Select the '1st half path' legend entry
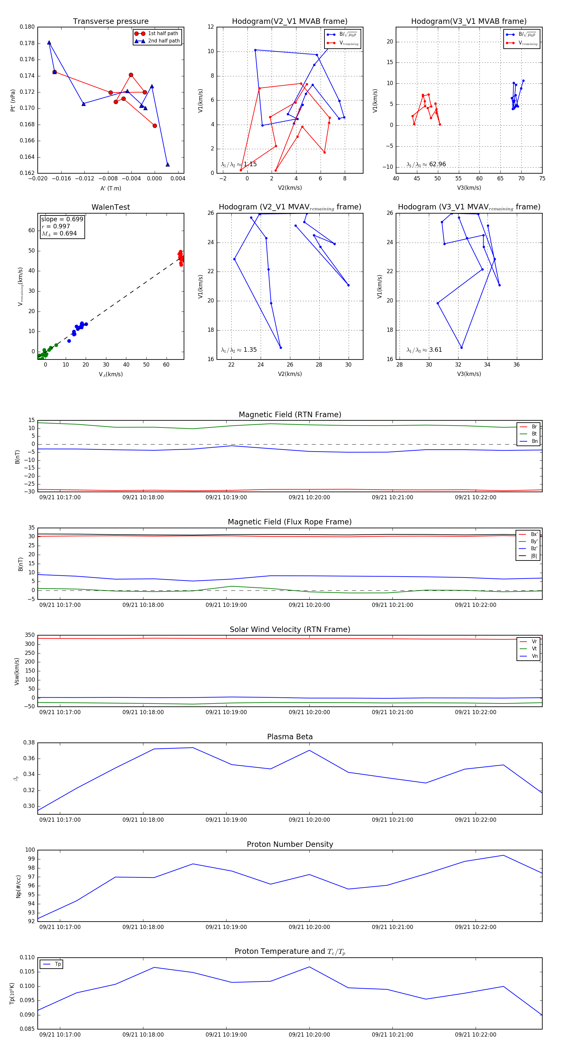pyautogui.click(x=163, y=34)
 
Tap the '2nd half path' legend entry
pyautogui.click(x=163, y=41)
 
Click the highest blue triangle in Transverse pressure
pyautogui.click(x=49, y=43)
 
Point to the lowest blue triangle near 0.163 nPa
pyautogui.click(x=168, y=165)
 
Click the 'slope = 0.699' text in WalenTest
pyautogui.click(x=62, y=219)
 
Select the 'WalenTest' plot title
pyautogui.click(x=111, y=207)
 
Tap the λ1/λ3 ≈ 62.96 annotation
pyautogui.click(x=426, y=164)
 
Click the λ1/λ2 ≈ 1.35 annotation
pyautogui.click(x=238, y=350)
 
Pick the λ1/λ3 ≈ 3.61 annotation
pyautogui.click(x=424, y=350)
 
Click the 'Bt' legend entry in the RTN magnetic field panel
pyautogui.click(x=534, y=434)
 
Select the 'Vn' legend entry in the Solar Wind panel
pyautogui.click(x=534, y=656)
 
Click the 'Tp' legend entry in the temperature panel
pyautogui.click(x=58, y=964)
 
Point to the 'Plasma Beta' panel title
pyautogui.click(x=290, y=737)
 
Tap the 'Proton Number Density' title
pyautogui.click(x=290, y=844)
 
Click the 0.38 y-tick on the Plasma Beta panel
pyautogui.click(x=29, y=743)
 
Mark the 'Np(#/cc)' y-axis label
pyautogui.click(x=18, y=886)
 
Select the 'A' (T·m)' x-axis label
pyautogui.click(x=111, y=188)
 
